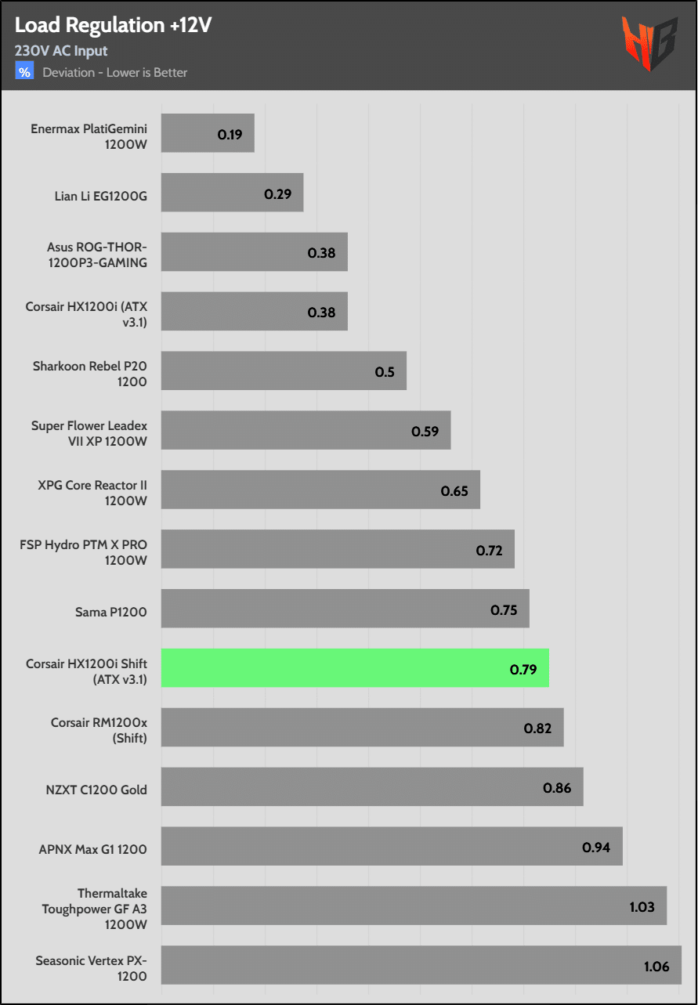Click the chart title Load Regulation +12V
tap(113, 25)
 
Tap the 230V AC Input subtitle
tap(61, 51)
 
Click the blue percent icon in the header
tap(25, 72)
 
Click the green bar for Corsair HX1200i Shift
tap(355, 668)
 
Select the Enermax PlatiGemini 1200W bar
tap(208, 133)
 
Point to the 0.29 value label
tap(277, 193)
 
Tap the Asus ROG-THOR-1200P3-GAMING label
tap(96, 255)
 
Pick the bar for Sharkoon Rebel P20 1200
tap(284, 371)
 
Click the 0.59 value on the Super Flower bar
tap(425, 431)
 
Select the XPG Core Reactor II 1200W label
tap(92, 493)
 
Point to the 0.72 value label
tap(489, 551)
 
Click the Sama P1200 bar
tap(345, 609)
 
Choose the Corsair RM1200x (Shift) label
tap(99, 730)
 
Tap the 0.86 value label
tap(557, 788)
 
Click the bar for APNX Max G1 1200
tap(392, 846)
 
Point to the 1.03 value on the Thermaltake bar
tap(642, 907)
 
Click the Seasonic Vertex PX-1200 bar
tap(421, 965)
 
